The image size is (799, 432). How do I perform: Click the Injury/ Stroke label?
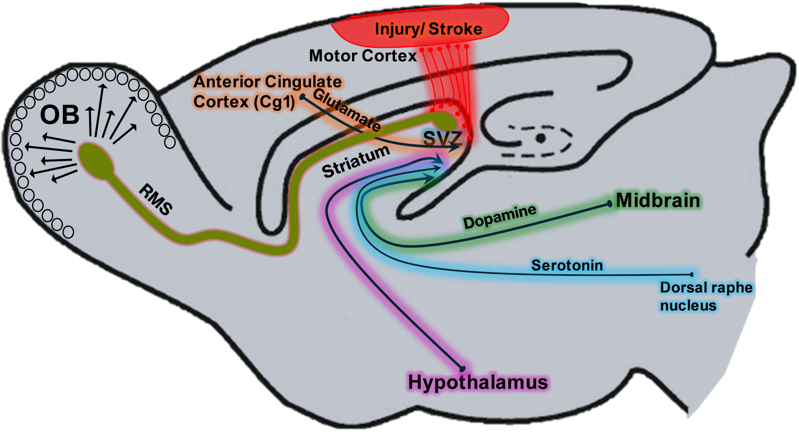pos(428,29)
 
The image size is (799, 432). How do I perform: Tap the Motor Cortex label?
pos(362,56)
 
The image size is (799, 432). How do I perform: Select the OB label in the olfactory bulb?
pos(60,115)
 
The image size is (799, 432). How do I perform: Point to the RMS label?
pos(156,199)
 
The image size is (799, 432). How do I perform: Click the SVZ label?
pos(442,138)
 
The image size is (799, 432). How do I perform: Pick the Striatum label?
pos(356,161)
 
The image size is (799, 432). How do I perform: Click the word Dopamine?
pos(500,216)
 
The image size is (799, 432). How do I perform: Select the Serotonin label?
pos(567,265)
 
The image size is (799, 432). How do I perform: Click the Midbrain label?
pos(658,201)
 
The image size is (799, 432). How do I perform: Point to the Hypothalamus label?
pos(478,382)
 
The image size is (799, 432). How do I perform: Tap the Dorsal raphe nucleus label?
pos(706,296)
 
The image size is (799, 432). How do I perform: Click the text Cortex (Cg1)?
pos(244,102)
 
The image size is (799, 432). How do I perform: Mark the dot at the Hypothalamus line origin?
pos(462,369)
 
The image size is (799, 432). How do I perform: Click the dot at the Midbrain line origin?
pos(610,204)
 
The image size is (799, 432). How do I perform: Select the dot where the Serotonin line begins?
pos(692,274)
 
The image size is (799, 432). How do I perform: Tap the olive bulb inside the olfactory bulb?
pos(96,161)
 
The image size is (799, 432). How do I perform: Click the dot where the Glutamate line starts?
pos(303,97)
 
